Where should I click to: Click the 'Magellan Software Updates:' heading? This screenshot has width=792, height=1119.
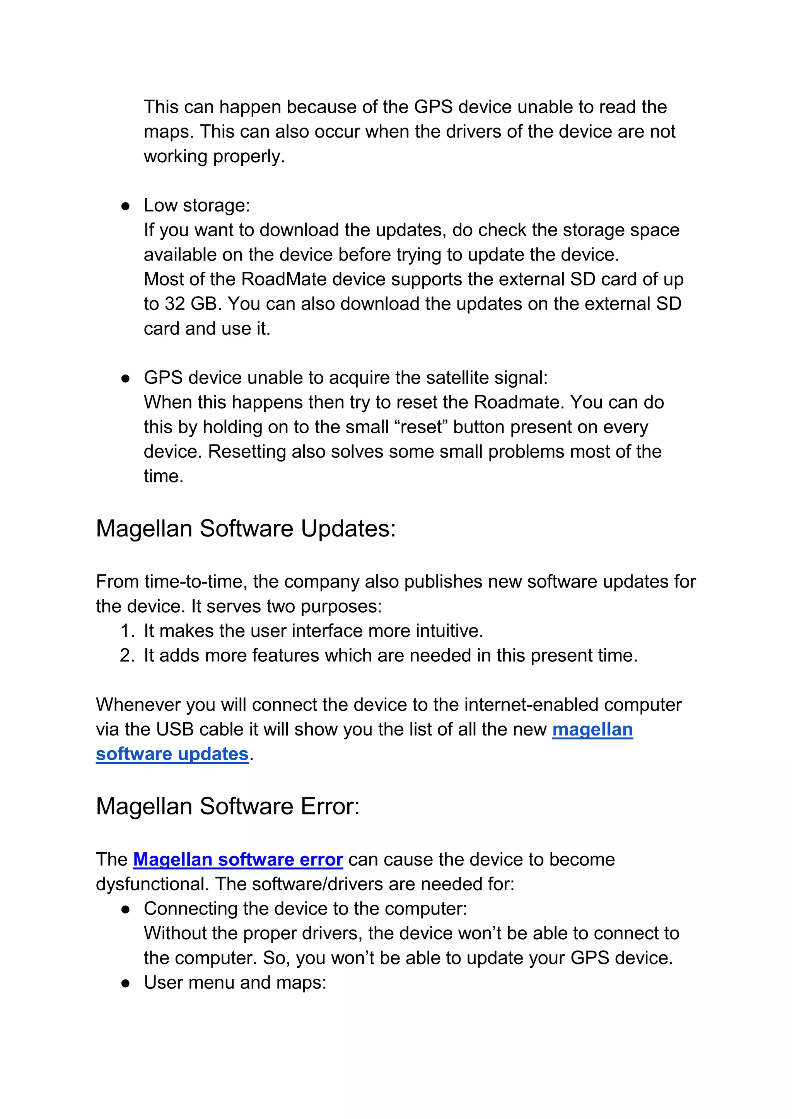pyautogui.click(x=246, y=529)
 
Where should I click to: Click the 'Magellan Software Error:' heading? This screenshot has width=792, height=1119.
pyautogui.click(x=228, y=806)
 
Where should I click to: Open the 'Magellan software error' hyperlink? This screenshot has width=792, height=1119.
pyautogui.click(x=238, y=859)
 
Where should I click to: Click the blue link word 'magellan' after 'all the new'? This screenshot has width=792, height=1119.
pyautogui.click(x=592, y=730)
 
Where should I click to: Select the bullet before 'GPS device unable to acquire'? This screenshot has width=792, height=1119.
pyautogui.click(x=125, y=379)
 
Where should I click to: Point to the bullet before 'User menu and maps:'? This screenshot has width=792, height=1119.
pyautogui.click(x=125, y=983)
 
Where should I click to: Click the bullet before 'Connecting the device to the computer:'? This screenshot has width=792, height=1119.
pyautogui.click(x=125, y=910)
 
